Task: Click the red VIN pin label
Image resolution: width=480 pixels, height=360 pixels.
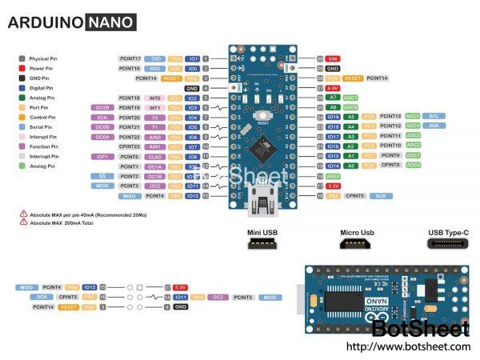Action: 333,59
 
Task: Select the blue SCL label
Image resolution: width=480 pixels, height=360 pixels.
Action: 434,116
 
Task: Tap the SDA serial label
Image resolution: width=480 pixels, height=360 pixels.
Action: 434,126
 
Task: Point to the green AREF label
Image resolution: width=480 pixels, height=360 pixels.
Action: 333,175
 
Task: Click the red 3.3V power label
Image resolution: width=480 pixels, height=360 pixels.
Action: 333,186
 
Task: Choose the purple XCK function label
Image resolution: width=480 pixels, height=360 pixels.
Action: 102,117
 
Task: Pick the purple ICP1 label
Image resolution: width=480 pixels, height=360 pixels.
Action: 102,156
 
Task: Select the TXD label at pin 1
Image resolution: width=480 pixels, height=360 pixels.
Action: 157,59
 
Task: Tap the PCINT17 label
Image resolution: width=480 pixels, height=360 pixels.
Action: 130,59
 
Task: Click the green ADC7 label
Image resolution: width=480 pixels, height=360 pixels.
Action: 350,98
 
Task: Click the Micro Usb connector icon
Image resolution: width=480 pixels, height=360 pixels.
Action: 356,243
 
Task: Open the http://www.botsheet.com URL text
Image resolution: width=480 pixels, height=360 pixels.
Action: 408,346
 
